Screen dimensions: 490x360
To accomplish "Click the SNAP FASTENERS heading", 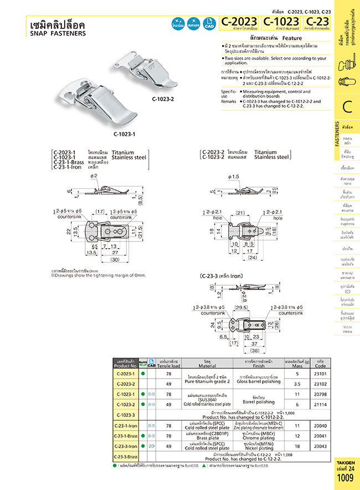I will tap(56, 33).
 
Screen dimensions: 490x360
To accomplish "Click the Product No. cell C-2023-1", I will tap(125, 373).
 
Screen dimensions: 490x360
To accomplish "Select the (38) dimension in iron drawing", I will tap(255, 350).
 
